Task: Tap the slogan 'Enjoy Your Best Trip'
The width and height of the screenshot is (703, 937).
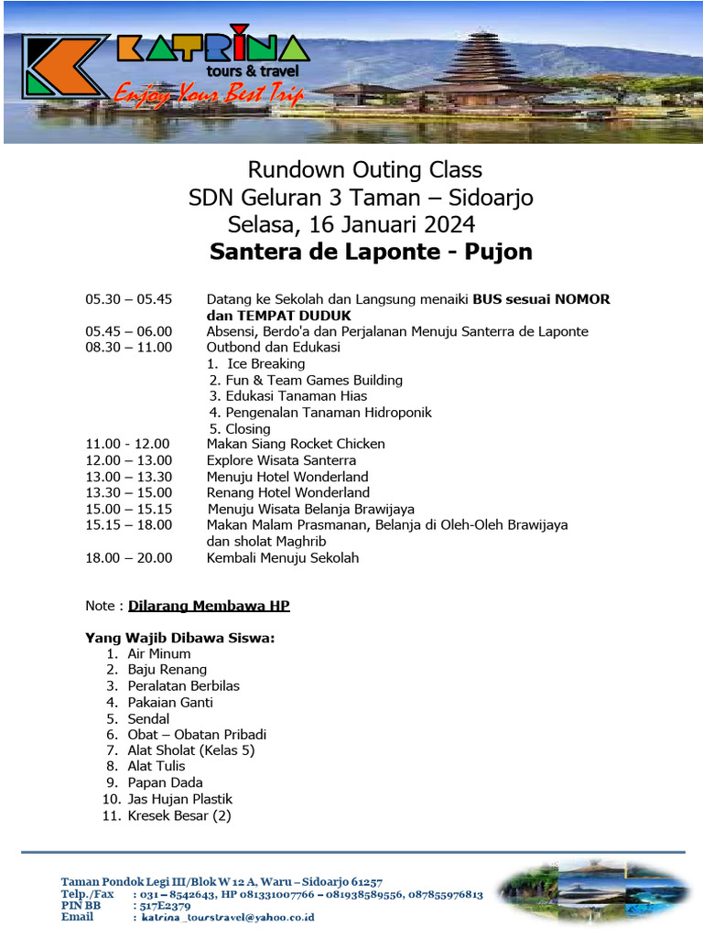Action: click(x=209, y=94)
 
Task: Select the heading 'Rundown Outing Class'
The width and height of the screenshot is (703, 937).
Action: click(x=364, y=170)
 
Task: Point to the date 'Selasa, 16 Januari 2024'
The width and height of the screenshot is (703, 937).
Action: click(x=351, y=224)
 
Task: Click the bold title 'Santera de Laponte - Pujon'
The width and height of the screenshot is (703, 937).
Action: click(x=371, y=252)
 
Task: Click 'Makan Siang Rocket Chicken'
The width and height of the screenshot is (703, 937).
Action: click(x=296, y=444)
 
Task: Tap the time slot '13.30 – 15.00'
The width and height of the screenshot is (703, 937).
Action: click(x=128, y=492)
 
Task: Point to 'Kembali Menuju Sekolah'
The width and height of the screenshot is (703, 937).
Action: click(x=283, y=557)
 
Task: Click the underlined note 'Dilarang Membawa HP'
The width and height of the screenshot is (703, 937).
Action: click(x=209, y=606)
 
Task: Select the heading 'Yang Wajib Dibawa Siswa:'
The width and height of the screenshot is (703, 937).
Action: click(x=180, y=638)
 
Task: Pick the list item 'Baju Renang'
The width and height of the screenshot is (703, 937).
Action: click(x=168, y=670)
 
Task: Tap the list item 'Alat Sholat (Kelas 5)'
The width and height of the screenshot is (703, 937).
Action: click(x=191, y=750)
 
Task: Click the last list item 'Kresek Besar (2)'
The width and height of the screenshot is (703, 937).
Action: click(x=179, y=815)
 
